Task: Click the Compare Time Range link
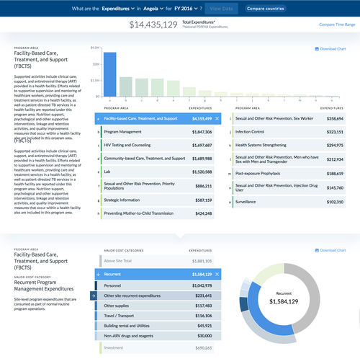tap(337, 25)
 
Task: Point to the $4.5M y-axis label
tap(94, 48)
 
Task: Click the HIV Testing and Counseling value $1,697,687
tap(202, 145)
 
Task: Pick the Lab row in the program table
tap(107, 172)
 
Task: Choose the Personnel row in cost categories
tap(114, 286)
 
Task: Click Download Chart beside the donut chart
tap(330, 250)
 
